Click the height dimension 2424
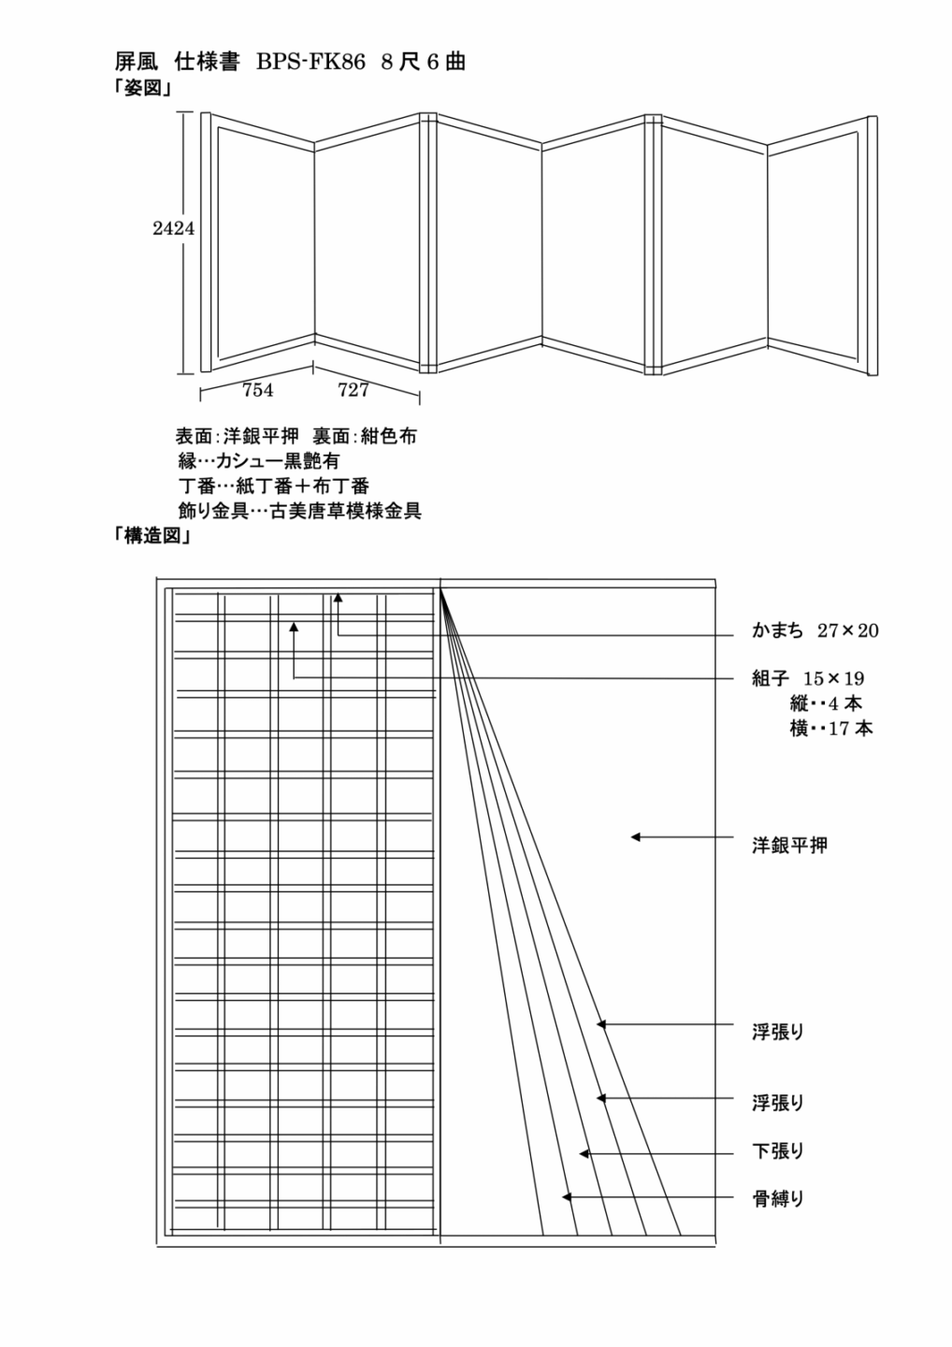click(x=173, y=228)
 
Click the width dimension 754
click(x=258, y=390)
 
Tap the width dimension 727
click(x=353, y=390)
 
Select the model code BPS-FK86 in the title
click(x=310, y=62)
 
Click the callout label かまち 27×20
click(x=815, y=630)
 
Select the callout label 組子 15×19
click(x=808, y=679)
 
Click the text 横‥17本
click(x=831, y=729)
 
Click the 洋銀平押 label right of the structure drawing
click(x=789, y=846)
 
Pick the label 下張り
click(x=778, y=1151)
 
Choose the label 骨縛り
click(x=778, y=1199)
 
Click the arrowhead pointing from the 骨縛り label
click(x=567, y=1196)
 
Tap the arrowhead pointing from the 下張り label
click(x=584, y=1153)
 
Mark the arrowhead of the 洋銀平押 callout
click(x=635, y=837)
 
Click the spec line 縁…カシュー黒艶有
click(x=259, y=461)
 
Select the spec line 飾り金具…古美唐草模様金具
click(x=300, y=511)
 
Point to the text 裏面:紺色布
click(x=364, y=436)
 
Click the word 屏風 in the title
click(x=136, y=62)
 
